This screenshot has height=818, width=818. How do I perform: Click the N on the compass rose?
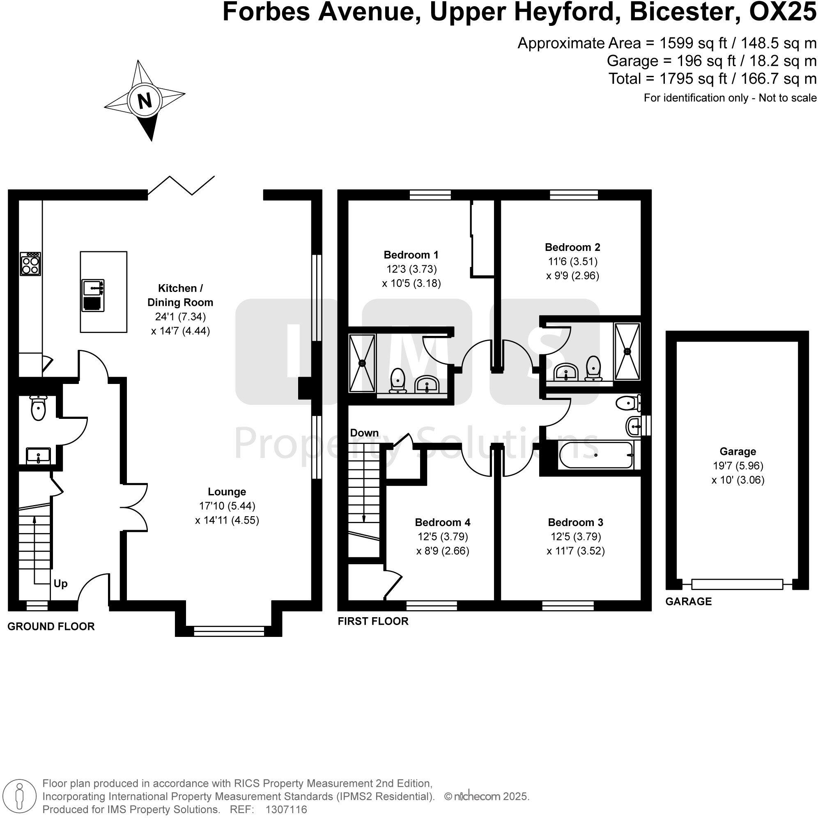(145, 101)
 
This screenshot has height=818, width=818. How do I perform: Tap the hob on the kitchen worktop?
(31, 264)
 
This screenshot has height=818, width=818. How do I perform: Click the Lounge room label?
(227, 492)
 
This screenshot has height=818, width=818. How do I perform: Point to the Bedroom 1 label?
(411, 255)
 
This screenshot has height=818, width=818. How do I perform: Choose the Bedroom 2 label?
(572, 247)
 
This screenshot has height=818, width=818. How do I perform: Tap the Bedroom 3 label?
(575, 522)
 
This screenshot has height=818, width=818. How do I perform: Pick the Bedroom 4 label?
(442, 522)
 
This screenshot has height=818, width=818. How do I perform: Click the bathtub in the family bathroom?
(596, 455)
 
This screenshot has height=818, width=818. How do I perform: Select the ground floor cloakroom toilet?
(38, 408)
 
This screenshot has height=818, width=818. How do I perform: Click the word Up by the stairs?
(60, 584)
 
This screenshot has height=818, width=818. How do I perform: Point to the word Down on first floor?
(364, 433)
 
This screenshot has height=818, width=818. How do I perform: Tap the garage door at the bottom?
(737, 584)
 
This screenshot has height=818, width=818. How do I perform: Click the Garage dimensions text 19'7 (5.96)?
(738, 466)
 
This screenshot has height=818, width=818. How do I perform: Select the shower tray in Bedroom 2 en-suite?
(627, 351)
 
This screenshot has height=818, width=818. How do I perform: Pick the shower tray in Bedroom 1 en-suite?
(362, 363)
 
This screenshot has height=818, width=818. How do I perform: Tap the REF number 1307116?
(286, 809)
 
